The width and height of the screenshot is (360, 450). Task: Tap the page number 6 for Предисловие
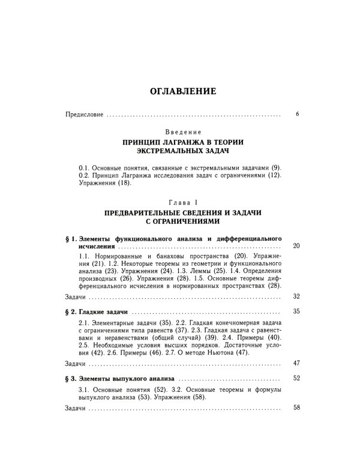pos(298,113)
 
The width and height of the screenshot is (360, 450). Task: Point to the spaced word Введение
pos(180,131)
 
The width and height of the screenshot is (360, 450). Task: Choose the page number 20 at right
pos(295,247)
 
